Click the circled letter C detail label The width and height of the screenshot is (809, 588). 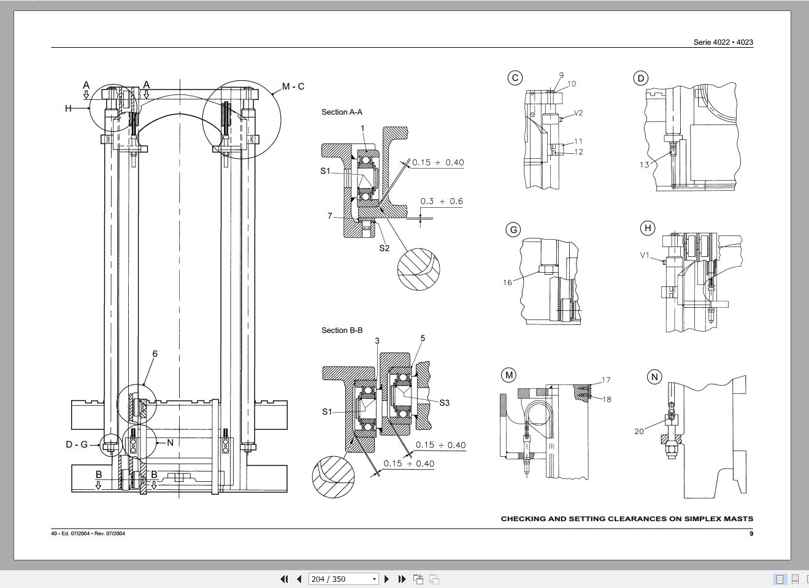tap(515, 78)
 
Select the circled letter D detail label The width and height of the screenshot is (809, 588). tap(640, 78)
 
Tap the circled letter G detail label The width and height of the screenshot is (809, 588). tap(513, 230)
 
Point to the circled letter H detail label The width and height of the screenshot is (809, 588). tap(647, 229)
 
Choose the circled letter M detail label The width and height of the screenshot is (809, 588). tap(508, 375)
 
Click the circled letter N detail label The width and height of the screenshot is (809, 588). tap(654, 376)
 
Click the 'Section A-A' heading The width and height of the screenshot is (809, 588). tap(342, 112)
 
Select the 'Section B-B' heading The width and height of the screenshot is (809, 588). tap(342, 330)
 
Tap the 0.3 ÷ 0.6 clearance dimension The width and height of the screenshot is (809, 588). tap(441, 201)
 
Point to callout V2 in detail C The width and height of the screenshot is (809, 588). tap(578, 113)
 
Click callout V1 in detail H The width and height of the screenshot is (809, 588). tap(644, 255)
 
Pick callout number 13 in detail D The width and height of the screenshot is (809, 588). tap(643, 164)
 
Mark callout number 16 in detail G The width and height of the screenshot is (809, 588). tap(507, 283)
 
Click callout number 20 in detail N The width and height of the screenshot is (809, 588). tap(639, 432)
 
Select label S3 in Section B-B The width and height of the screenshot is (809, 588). tap(444, 403)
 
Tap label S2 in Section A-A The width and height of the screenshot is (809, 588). tap(384, 248)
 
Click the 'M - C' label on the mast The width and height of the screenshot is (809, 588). tap(293, 86)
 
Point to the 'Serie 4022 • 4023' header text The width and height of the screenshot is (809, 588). tap(723, 42)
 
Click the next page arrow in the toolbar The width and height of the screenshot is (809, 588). tap(386, 579)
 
